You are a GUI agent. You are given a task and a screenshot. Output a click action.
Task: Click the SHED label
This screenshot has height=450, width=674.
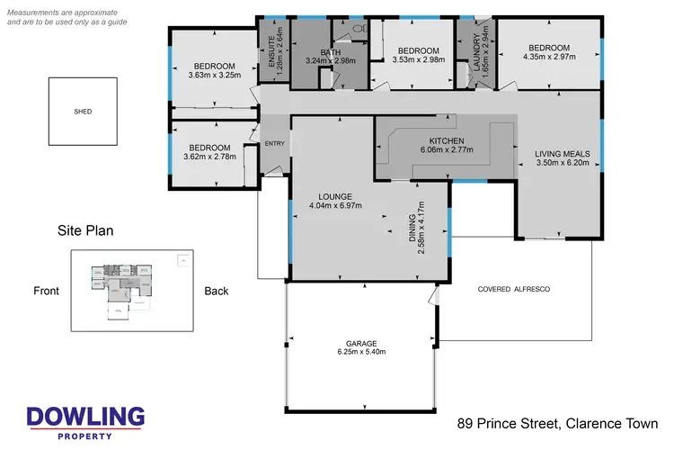pos(83,112)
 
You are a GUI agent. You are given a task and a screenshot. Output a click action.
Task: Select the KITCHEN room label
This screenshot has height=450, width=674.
pos(445,140)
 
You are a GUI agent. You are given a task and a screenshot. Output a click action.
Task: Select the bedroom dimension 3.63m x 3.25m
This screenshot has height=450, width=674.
pos(213,76)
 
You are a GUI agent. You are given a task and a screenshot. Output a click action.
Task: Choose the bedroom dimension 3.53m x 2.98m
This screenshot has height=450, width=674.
pos(418,60)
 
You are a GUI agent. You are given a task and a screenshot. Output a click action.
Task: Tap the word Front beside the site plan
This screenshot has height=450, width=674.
pos(47,291)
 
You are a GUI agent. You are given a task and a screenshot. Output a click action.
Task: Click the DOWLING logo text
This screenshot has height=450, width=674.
pos(85,417)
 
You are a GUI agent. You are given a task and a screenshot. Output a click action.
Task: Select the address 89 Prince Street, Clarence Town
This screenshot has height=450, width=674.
pos(557,423)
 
